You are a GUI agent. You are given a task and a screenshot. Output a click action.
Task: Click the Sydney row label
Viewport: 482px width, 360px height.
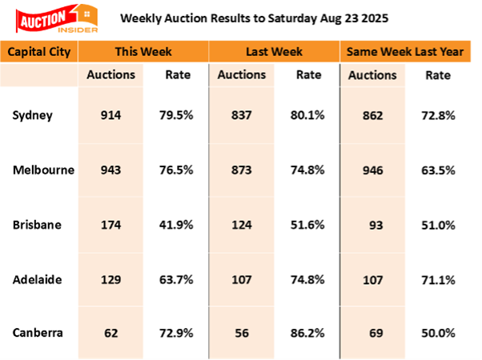(x=33, y=115)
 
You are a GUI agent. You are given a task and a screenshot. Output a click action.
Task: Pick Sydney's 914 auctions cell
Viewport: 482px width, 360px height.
(x=110, y=115)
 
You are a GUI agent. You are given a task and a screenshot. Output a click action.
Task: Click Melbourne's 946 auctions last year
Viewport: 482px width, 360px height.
(x=372, y=170)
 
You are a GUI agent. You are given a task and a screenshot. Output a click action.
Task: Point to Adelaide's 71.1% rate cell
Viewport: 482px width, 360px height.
(x=439, y=279)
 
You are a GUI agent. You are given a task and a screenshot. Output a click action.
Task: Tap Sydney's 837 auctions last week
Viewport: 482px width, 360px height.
(x=241, y=115)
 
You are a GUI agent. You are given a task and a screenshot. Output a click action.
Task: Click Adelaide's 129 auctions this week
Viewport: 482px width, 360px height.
(x=110, y=279)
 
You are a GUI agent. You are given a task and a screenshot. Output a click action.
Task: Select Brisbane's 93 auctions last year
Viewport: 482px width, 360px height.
(x=372, y=225)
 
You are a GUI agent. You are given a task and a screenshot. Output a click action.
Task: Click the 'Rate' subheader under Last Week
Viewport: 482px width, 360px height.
(x=308, y=75)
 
